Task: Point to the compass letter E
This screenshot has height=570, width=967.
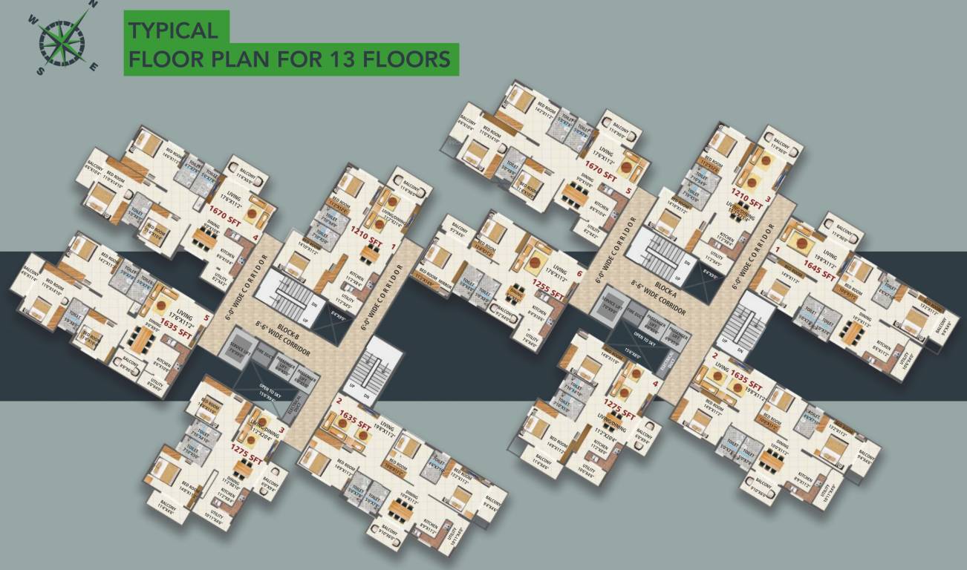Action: [94, 66]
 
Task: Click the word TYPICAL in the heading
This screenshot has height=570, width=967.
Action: [173, 30]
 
